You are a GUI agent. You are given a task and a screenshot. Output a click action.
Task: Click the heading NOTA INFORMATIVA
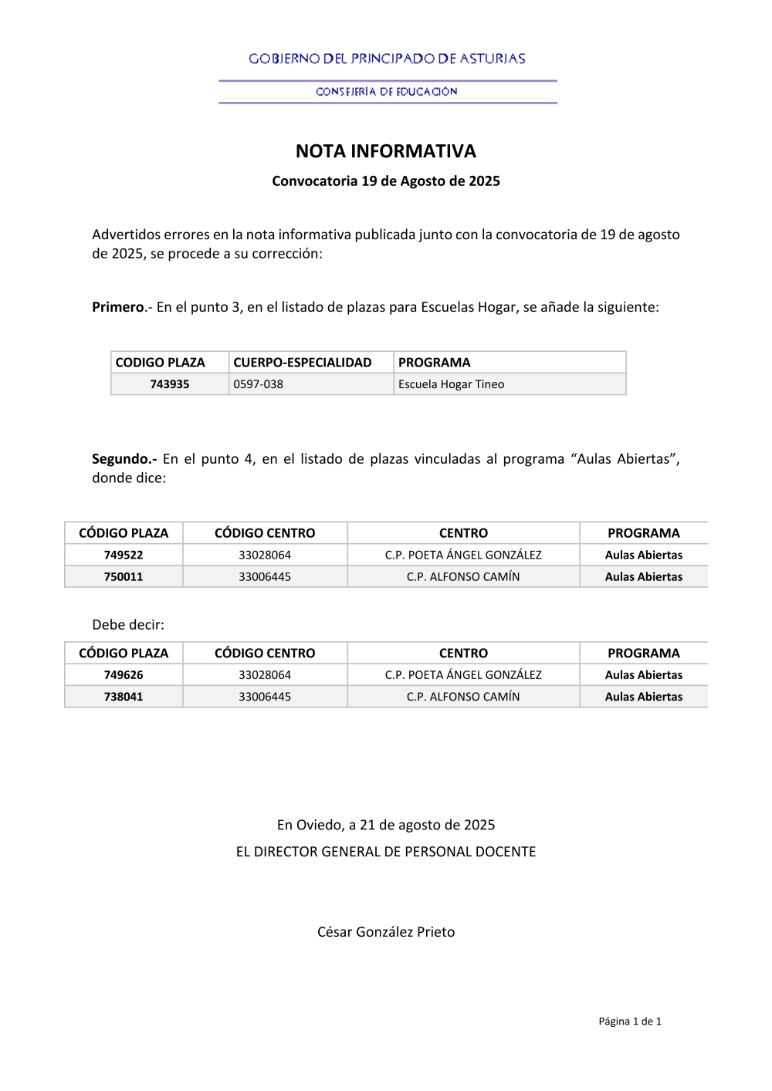click(386, 151)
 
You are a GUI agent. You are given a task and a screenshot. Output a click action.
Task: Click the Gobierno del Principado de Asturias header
click(387, 59)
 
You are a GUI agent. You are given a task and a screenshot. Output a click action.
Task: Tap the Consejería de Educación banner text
click(387, 92)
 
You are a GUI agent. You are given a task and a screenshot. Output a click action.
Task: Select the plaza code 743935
click(170, 384)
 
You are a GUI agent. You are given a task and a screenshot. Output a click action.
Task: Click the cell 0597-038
click(259, 384)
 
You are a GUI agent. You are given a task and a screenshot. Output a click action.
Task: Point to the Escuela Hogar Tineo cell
click(451, 384)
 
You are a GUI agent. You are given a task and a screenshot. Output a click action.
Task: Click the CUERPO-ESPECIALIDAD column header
click(303, 363)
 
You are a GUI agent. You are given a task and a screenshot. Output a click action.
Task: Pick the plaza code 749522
click(124, 555)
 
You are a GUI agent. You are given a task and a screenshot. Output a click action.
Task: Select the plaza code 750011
click(124, 576)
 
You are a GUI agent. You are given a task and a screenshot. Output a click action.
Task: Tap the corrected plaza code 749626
click(124, 675)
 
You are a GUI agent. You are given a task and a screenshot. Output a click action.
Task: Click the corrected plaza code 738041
click(124, 697)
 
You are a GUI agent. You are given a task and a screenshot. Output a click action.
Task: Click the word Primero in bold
click(118, 307)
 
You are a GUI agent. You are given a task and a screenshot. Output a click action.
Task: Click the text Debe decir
click(128, 625)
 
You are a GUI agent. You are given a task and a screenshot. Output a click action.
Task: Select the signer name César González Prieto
click(386, 932)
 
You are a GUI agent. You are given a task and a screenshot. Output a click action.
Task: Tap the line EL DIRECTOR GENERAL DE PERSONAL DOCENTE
click(386, 852)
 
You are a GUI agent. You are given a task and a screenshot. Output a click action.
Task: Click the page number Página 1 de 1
click(630, 1022)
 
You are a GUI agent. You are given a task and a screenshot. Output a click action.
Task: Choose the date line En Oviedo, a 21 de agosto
click(386, 825)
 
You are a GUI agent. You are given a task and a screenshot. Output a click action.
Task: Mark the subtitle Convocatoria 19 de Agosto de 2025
click(386, 181)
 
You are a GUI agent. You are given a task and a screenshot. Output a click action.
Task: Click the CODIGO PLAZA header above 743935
click(161, 363)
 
